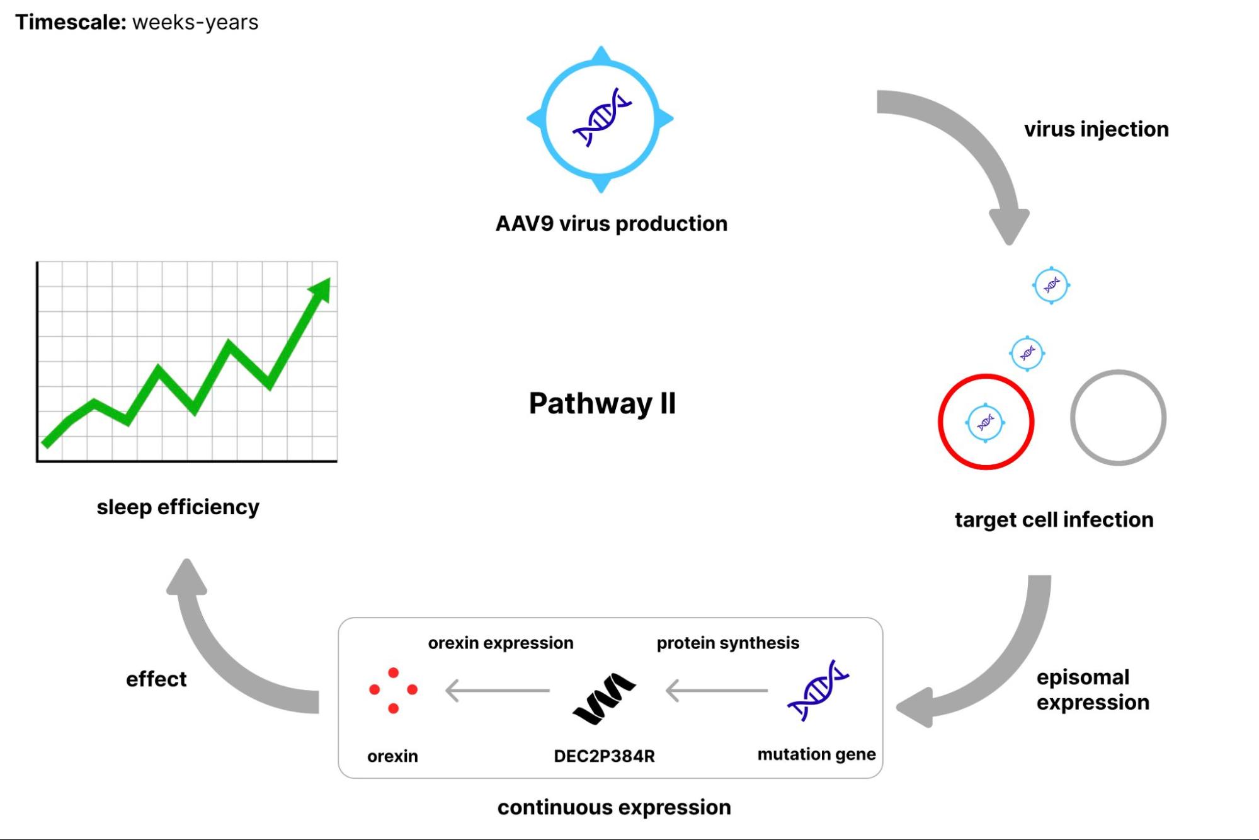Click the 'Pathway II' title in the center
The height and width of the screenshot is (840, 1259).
(601, 403)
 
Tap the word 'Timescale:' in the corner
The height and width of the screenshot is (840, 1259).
(71, 23)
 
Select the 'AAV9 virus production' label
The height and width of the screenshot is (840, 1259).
(611, 224)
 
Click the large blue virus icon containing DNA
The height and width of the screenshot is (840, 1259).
(600, 118)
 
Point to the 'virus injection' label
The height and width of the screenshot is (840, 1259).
(1096, 129)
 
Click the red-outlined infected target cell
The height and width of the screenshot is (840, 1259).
(986, 422)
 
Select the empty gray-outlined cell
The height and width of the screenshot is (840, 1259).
(1118, 418)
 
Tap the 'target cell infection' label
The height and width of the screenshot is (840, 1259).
(1054, 520)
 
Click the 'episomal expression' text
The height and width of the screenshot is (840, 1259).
(1093, 689)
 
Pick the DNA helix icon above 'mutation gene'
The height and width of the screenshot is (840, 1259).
(817, 691)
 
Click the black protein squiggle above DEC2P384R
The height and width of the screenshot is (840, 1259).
(604, 698)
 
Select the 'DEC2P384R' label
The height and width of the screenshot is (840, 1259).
(604, 756)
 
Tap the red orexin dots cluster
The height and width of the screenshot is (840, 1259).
(393, 691)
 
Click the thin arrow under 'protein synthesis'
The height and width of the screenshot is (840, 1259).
(717, 691)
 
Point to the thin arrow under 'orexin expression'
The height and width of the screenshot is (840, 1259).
(497, 691)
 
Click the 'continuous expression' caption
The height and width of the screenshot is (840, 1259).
(614, 807)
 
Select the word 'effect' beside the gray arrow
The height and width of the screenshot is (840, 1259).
(156, 679)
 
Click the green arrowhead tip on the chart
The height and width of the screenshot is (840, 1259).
(322, 287)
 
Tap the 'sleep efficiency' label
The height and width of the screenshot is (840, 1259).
(178, 507)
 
